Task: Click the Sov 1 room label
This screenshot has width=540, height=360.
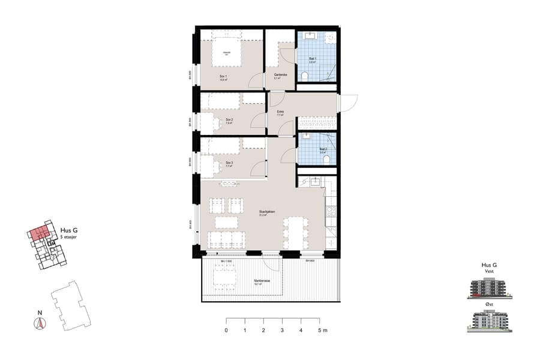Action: [x=223, y=76]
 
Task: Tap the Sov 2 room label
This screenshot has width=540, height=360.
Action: [x=229, y=120]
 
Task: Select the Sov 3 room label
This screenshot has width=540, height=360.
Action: [x=229, y=163]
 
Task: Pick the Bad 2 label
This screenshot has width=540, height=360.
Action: [x=323, y=149]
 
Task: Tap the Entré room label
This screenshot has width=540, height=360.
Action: [x=280, y=112]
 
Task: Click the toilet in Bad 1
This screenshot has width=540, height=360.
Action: [x=305, y=76]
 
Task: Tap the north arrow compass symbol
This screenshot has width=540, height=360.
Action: [x=40, y=322]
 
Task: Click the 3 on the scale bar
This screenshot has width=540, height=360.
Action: [x=282, y=331]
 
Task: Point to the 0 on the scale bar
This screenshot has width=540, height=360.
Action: [x=226, y=331]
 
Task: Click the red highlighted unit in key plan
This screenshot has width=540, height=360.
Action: [x=40, y=233]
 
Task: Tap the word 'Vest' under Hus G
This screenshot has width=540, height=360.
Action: [x=490, y=272]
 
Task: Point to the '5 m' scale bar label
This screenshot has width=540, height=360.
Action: [x=322, y=331]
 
